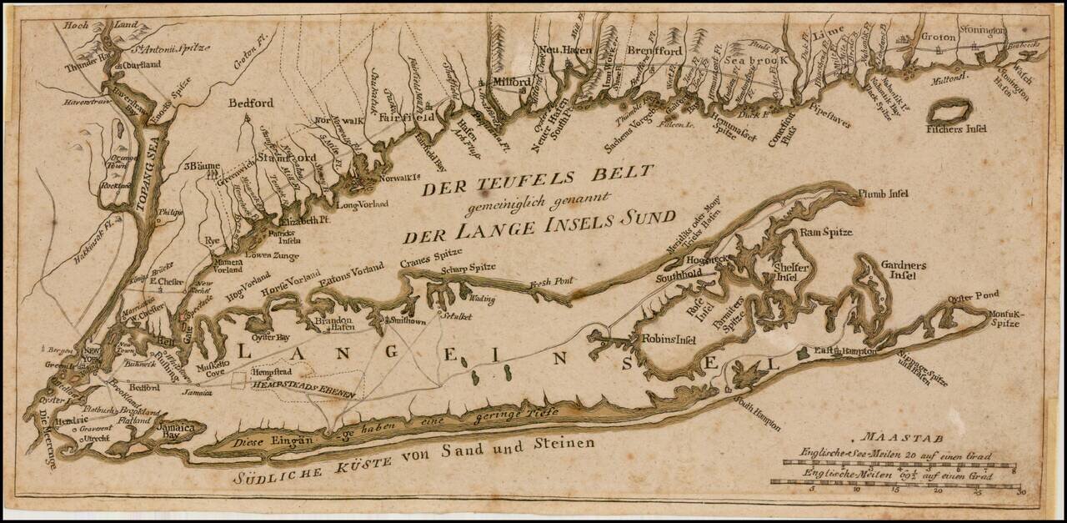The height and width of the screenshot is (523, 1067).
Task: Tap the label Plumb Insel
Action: (x=882, y=194)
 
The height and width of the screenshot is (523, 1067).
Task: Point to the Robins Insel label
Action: (x=669, y=339)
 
